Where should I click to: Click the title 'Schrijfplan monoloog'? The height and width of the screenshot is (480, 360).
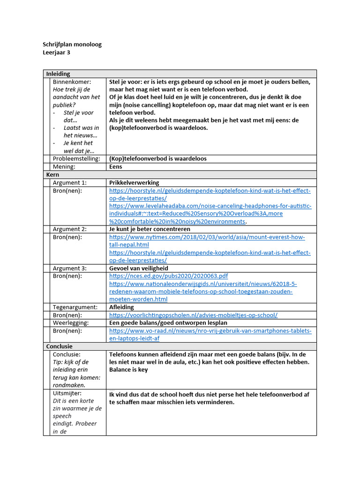coord(72,45)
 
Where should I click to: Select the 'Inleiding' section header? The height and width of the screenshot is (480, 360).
coord(58,74)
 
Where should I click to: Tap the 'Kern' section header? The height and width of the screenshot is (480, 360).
coord(52,174)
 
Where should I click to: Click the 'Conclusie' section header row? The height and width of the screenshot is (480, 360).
coord(60,346)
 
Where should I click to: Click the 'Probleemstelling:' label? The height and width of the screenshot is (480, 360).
coord(76,158)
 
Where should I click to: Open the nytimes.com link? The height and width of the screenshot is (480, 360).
coord(207,237)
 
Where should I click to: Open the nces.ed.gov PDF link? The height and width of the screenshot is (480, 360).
coord(169,276)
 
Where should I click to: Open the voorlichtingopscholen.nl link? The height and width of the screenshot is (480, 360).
coord(193,315)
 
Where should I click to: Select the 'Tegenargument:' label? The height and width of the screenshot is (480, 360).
coord(75,307)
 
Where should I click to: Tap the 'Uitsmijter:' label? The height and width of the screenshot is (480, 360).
coord(67,393)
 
